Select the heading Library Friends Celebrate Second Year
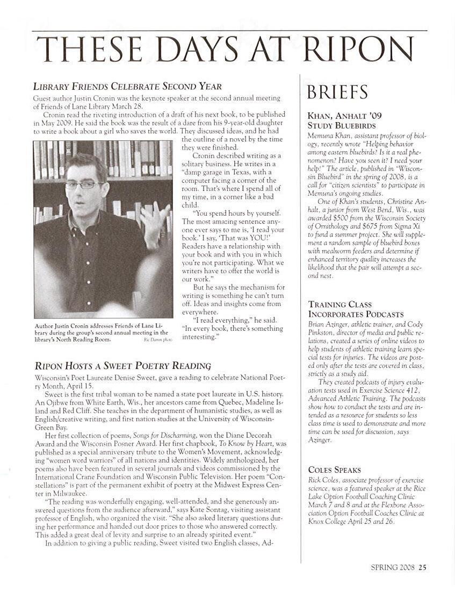point(127,86)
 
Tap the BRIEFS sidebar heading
point(337,93)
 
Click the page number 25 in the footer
point(423,566)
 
